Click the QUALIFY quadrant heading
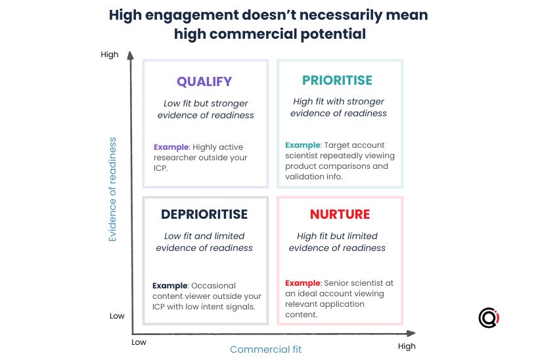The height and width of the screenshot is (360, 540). click(x=204, y=81)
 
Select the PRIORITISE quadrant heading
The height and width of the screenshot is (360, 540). click(x=337, y=80)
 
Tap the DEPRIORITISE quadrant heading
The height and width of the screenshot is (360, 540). click(x=204, y=214)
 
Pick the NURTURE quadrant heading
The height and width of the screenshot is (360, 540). click(x=340, y=214)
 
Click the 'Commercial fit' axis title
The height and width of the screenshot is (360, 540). click(x=265, y=349)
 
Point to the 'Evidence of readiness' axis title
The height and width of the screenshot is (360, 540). click(x=112, y=189)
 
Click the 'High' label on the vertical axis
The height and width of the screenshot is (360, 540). click(x=110, y=55)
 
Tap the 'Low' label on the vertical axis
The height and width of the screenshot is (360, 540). click(x=117, y=316)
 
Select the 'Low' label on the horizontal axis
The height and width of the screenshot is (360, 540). click(x=139, y=342)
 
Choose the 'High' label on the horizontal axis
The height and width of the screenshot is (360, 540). click(x=407, y=346)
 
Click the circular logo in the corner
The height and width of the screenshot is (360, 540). click(x=489, y=317)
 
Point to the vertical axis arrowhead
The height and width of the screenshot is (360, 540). click(x=130, y=55)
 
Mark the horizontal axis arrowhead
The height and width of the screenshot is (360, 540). click(x=411, y=334)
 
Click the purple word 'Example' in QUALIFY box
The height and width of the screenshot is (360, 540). click(x=171, y=147)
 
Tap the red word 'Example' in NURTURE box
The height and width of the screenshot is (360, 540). click(x=303, y=283)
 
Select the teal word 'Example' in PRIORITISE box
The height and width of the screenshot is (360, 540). click(x=303, y=145)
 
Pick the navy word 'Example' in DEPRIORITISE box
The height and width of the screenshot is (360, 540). click(x=169, y=286)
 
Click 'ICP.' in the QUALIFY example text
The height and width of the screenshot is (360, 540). click(x=160, y=168)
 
